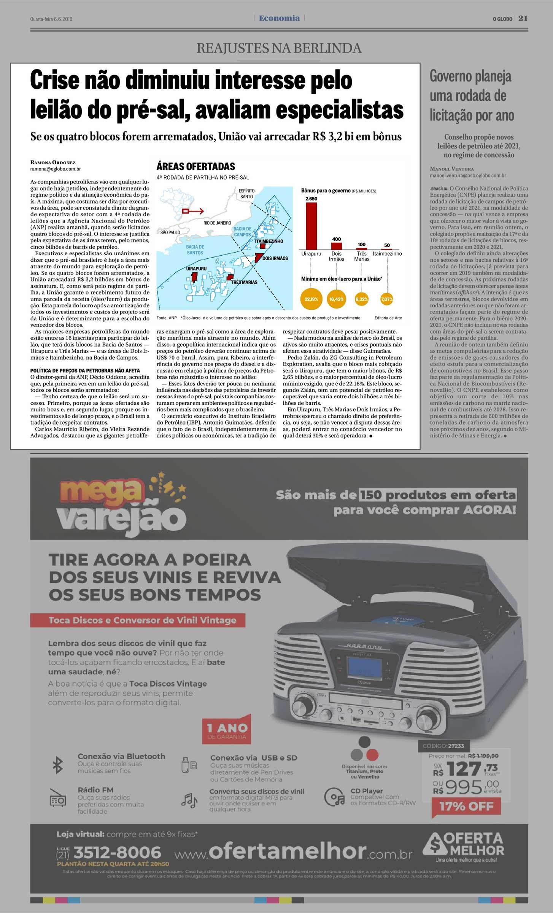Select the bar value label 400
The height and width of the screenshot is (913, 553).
pos(337,239)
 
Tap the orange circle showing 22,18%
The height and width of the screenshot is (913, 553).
pos(311,299)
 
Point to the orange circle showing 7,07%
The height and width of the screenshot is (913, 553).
pos(387,299)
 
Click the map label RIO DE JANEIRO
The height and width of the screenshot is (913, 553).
pos(217,223)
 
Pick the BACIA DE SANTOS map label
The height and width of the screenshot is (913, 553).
pos(195,250)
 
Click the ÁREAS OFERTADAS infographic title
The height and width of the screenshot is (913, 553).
pos(196,167)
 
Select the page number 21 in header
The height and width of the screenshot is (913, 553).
pos(523,18)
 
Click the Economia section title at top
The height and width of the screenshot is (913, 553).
pos(279,18)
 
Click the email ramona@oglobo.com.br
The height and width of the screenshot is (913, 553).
pos(56,169)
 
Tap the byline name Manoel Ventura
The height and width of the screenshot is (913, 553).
pos(452,169)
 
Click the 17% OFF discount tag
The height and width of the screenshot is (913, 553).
pos(466,806)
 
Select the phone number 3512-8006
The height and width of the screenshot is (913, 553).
pos(117,853)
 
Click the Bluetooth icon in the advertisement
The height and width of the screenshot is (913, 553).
pos(57,765)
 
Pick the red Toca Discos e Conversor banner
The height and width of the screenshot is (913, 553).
pos(138,620)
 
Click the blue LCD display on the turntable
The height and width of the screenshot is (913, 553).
pos(365,671)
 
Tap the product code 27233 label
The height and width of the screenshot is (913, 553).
pos(443,746)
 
